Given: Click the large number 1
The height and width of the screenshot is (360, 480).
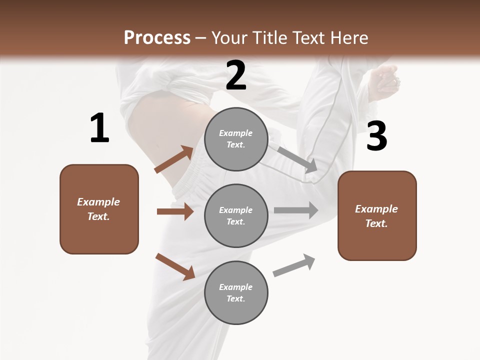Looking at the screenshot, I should (x=99, y=128).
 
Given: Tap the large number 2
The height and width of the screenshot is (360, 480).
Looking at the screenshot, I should (x=236, y=75).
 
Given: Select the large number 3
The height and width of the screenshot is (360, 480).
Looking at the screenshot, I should (x=376, y=136).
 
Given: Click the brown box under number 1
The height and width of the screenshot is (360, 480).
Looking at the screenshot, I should (x=99, y=209).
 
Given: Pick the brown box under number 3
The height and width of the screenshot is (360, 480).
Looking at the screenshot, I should (x=377, y=216).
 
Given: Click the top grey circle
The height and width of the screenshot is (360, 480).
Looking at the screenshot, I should (x=236, y=139).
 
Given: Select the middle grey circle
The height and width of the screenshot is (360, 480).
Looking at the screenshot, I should (x=236, y=216).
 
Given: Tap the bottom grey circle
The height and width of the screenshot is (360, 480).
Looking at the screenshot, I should (x=236, y=293).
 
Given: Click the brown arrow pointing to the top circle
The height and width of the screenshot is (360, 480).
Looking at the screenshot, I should (x=174, y=159).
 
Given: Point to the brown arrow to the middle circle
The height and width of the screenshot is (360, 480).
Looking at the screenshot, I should (x=175, y=211).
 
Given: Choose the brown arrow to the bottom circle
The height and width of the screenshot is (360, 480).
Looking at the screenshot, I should (x=175, y=266).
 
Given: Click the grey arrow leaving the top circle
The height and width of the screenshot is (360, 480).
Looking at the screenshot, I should (x=297, y=159).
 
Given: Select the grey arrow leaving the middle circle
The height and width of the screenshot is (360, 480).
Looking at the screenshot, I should (x=295, y=210).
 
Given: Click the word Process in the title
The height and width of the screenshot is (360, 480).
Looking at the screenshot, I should (x=157, y=37).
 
